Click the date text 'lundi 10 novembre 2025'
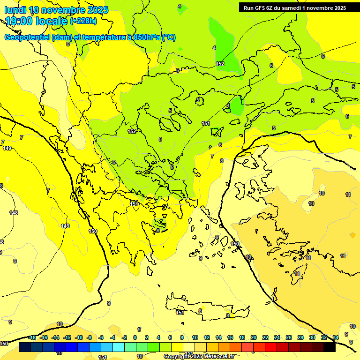56,10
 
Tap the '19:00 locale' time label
37,21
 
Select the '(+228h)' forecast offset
83,21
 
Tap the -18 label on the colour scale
32,337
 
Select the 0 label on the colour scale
135,337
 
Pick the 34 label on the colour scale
336,337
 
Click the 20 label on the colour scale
254,337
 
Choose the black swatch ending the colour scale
330,347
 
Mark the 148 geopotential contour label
14,213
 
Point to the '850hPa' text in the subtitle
145,37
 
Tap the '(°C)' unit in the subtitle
169,37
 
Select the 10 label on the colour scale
195,337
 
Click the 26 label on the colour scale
289,337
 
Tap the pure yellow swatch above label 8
177,347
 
